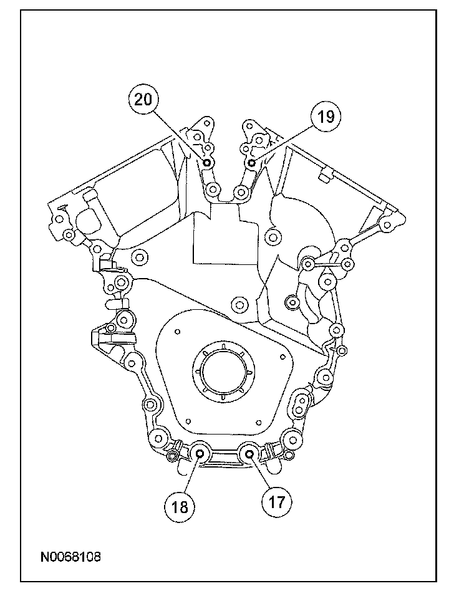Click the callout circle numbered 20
click(143, 100)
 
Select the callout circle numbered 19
click(326, 116)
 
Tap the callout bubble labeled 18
click(180, 507)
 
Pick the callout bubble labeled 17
click(277, 502)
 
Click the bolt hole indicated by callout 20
click(206, 163)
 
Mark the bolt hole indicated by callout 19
click(252, 163)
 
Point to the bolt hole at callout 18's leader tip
click(200, 454)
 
